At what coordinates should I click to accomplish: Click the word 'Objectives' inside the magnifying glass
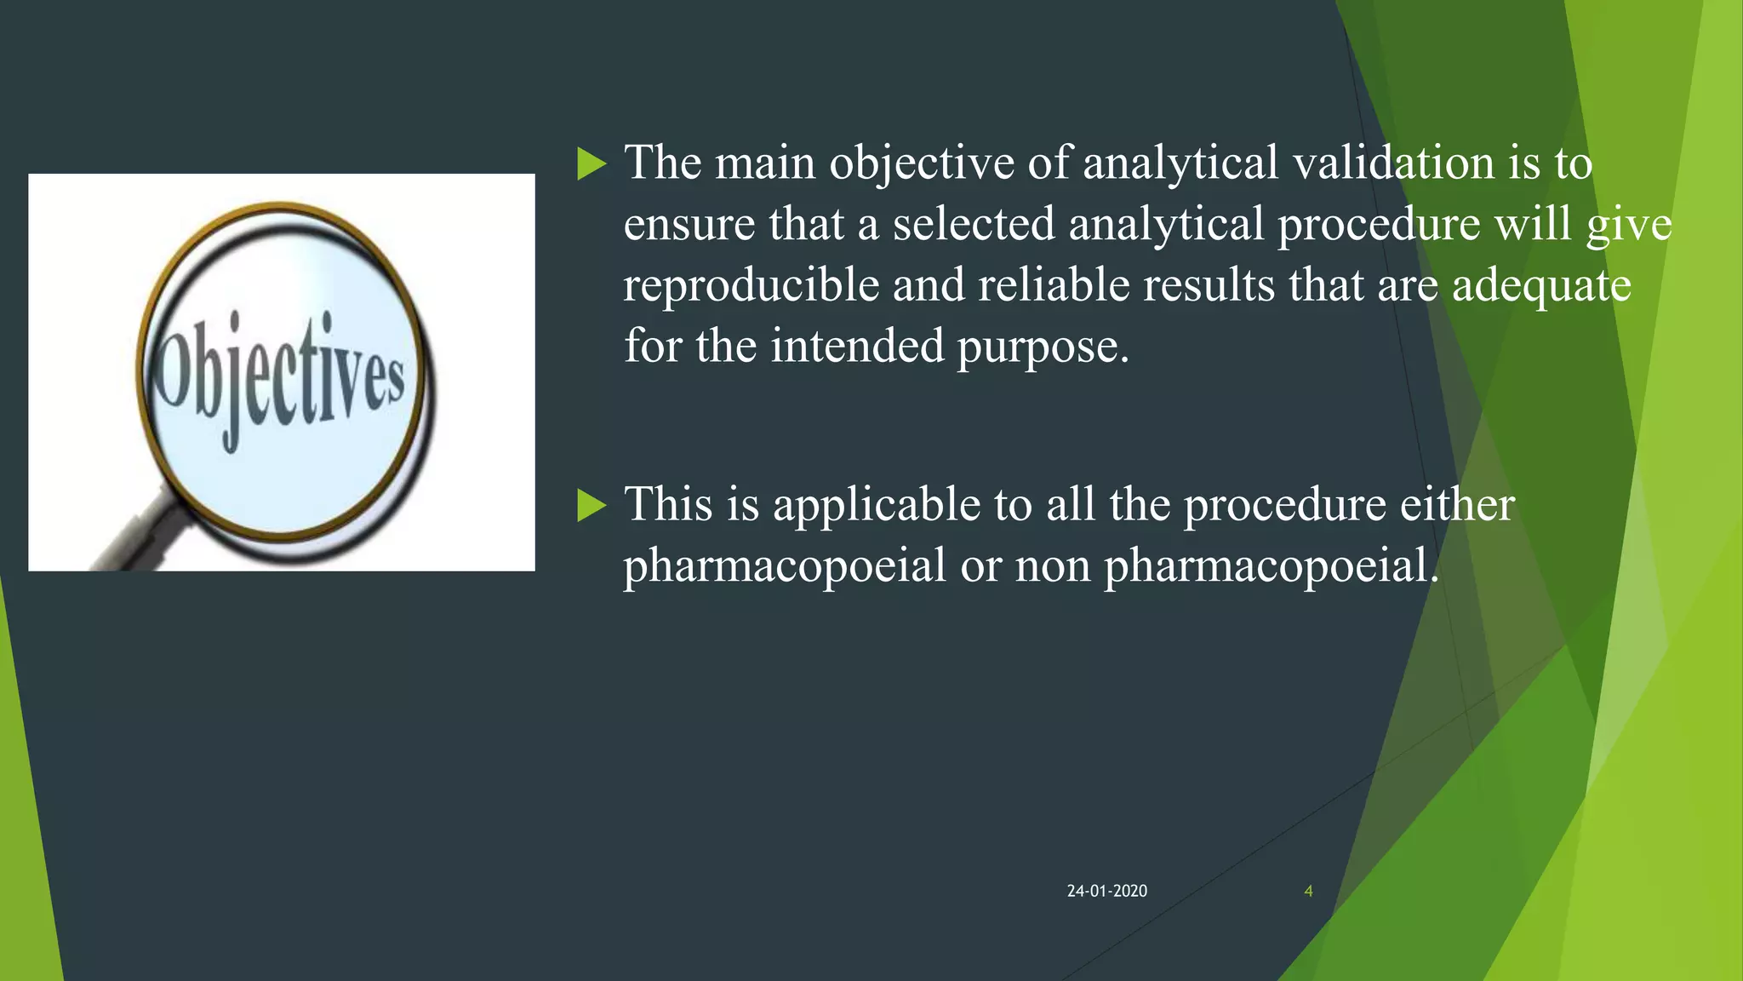[x=278, y=380]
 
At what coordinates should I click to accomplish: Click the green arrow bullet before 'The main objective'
[x=591, y=163]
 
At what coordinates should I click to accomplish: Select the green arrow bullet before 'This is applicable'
[x=591, y=505]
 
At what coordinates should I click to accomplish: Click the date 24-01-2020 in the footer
[x=1106, y=891]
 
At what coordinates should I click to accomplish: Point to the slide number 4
[x=1308, y=891]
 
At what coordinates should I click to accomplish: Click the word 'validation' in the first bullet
[x=1393, y=163]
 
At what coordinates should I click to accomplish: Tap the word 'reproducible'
[x=751, y=286]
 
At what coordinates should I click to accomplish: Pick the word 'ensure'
[x=689, y=225]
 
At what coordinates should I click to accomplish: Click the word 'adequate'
[x=1541, y=286]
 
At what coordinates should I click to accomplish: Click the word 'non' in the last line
[x=1053, y=566]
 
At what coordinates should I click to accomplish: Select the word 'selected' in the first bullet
[x=974, y=224]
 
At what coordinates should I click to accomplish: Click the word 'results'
[x=1209, y=284]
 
